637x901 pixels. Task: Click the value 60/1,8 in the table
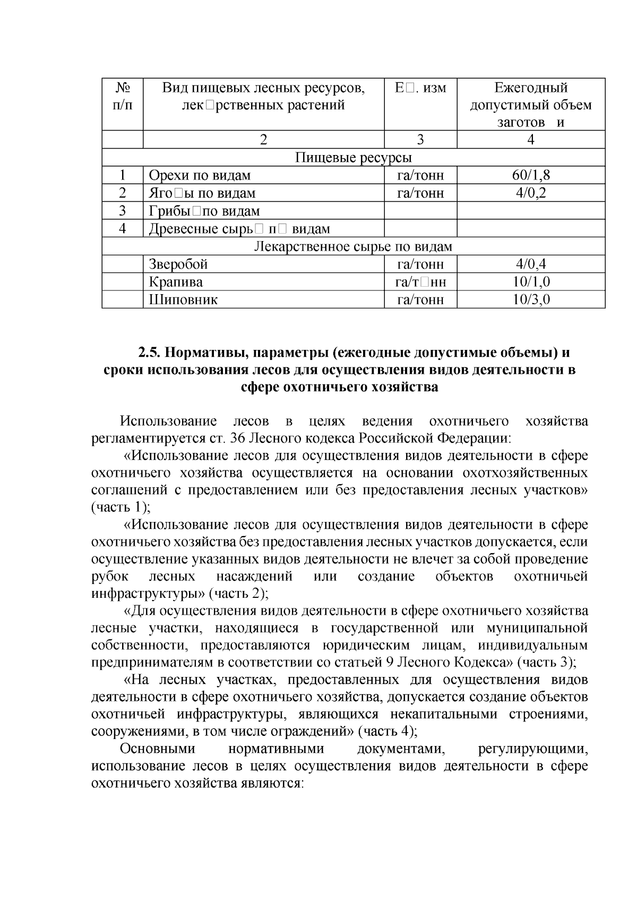(531, 175)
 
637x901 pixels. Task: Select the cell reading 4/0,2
(531, 193)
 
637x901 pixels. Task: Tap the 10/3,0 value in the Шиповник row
(531, 300)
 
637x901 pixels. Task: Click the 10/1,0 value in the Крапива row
(531, 282)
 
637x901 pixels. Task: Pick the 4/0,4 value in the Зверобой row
(531, 264)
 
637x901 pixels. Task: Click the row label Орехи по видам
(200, 175)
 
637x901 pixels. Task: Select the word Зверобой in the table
(178, 264)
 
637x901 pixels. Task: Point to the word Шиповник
(183, 300)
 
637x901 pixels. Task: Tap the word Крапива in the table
(176, 282)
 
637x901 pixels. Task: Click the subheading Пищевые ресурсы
(353, 158)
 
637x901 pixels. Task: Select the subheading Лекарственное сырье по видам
(353, 246)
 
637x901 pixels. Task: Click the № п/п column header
(123, 96)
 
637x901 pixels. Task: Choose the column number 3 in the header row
(420, 140)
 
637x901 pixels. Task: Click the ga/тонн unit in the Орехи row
(420, 175)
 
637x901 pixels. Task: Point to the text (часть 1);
(121, 507)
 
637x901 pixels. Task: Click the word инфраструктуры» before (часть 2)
(148, 593)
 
